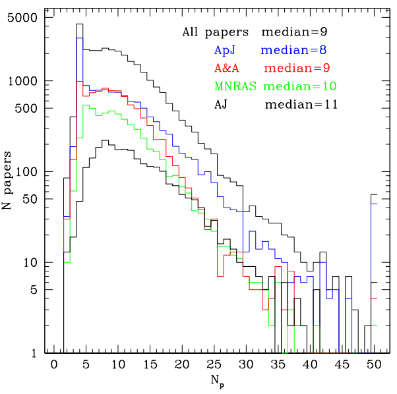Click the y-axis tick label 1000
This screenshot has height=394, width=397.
pyautogui.click(x=28, y=81)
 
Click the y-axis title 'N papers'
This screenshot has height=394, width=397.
pyautogui.click(x=9, y=179)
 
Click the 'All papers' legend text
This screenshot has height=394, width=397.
pyautogui.click(x=215, y=32)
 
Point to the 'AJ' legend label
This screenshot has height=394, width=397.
pyautogui.click(x=222, y=104)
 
